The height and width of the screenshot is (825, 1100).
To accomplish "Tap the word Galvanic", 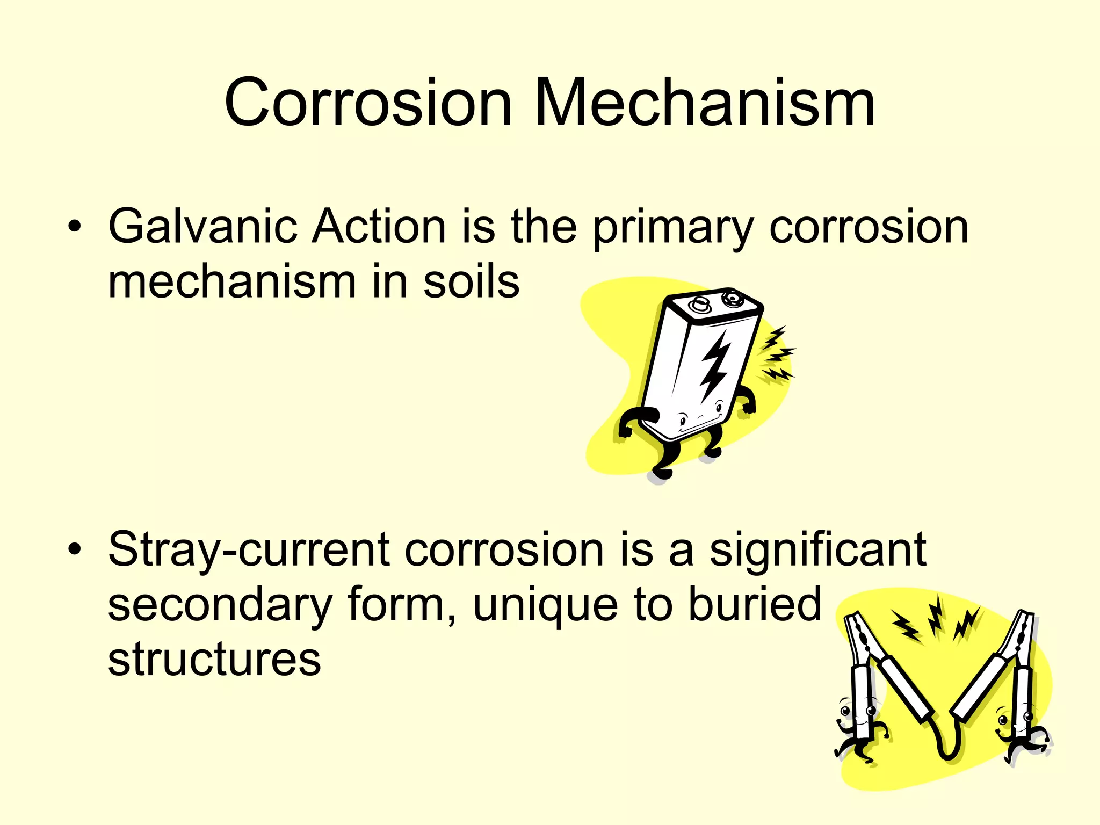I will pos(202,227).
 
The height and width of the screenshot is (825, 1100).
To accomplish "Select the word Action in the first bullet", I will pos(379,227).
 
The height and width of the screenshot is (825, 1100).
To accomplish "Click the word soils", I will pos(471,282).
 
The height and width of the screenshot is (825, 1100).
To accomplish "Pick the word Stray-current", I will pos(249,550).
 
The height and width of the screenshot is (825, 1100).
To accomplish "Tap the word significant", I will pos(817,550).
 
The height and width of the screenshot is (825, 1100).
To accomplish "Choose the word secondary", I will pos(220,606).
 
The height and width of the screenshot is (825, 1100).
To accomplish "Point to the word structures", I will pos(214,660).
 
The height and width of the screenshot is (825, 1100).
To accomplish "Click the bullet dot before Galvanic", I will pos(75,227).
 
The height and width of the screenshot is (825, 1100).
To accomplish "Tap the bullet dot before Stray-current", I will pos(75,549).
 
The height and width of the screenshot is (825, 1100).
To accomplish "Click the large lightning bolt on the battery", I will pos(715,365).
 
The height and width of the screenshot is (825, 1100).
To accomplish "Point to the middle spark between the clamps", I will pos(936,615).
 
